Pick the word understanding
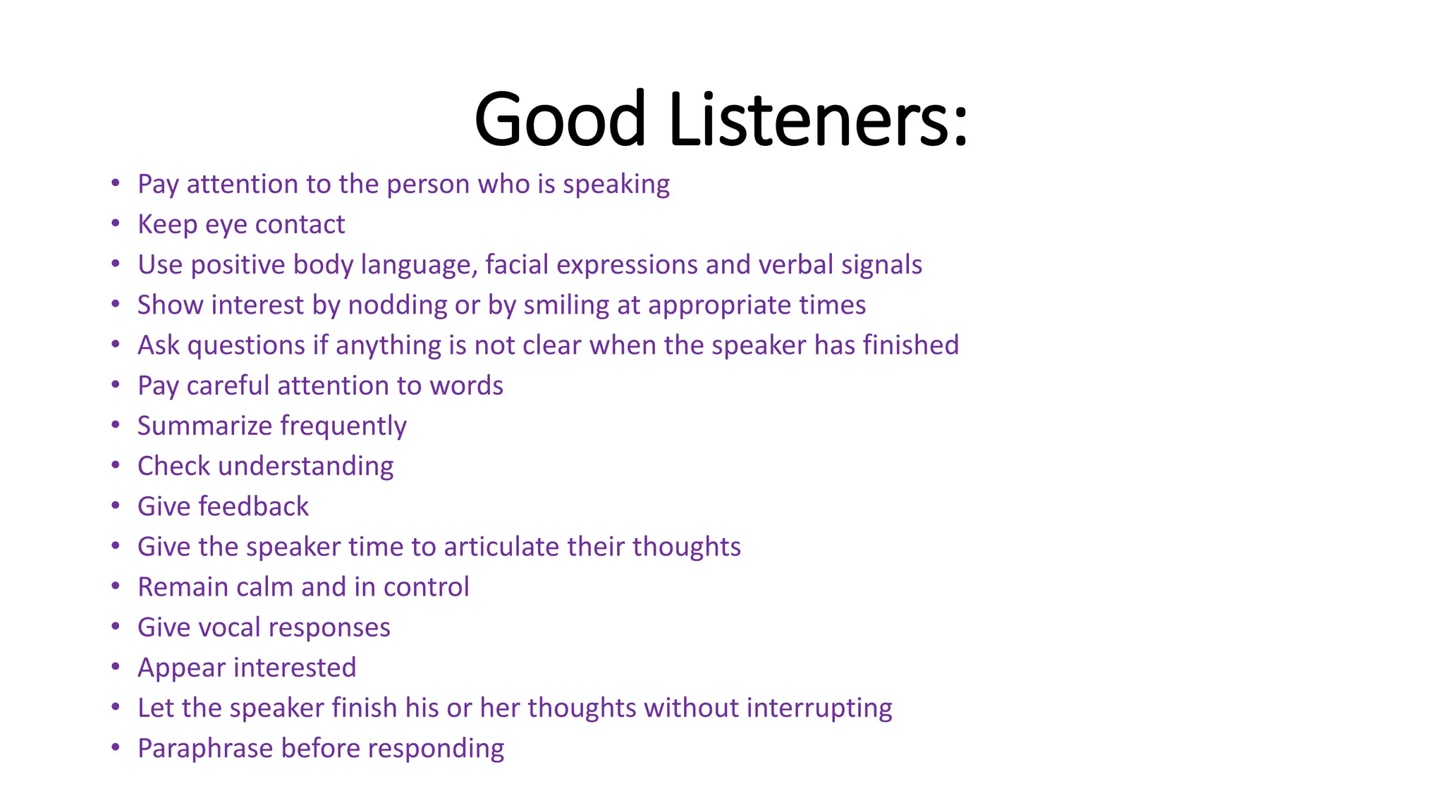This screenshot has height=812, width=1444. tap(306, 467)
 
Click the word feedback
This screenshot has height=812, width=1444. tap(254, 507)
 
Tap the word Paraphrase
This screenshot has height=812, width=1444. tap(204, 749)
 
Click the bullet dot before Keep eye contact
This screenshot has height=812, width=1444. tap(116, 224)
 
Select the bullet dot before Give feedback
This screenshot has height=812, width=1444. tap(116, 506)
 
